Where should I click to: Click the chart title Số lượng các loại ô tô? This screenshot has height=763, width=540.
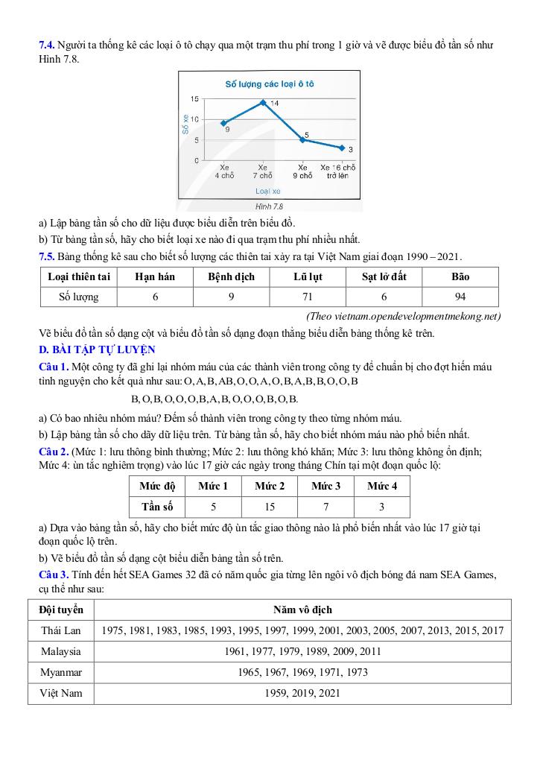coord(270,84)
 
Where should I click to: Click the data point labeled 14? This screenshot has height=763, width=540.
coord(263,102)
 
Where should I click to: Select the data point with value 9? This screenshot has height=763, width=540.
coord(223,123)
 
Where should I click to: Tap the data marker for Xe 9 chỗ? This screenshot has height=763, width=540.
coord(302,139)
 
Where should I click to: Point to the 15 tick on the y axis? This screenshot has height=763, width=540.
coord(194,99)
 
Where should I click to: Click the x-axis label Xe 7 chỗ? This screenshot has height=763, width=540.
coord(262,171)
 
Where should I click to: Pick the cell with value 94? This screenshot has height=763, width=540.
coord(460,297)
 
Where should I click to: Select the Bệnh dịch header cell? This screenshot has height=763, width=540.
coord(231,276)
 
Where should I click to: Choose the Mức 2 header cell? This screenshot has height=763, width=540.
coord(270,487)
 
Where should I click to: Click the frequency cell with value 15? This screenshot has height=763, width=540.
coord(270,507)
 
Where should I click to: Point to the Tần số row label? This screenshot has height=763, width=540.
coord(157,507)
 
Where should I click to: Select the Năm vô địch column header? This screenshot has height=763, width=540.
coord(302,610)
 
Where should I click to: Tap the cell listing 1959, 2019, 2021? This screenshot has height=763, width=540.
coord(302,694)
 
